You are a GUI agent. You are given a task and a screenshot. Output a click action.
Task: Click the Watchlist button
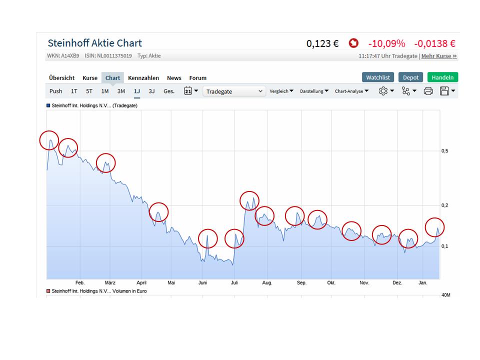(x=378, y=77)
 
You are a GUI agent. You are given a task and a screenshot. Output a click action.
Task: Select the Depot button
(x=410, y=77)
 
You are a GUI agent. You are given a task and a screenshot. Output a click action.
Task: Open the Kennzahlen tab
(x=143, y=78)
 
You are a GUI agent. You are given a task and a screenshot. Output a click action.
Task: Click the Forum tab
(x=197, y=78)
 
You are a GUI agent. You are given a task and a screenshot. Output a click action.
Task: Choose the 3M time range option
(x=121, y=91)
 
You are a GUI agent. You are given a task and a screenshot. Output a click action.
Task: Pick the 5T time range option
(x=89, y=91)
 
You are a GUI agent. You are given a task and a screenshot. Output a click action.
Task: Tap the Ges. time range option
(x=169, y=91)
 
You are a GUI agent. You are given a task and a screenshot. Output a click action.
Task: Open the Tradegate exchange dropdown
(x=234, y=91)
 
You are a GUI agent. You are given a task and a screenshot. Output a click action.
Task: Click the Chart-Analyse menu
(x=351, y=91)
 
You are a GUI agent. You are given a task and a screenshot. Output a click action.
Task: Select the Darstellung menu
(x=314, y=91)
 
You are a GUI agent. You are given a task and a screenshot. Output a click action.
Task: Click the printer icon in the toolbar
(x=428, y=91)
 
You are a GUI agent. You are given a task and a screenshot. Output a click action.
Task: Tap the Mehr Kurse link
(x=439, y=56)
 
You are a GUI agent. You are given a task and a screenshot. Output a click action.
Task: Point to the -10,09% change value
(x=386, y=43)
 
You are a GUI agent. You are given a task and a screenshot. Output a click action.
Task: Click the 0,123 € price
(x=322, y=43)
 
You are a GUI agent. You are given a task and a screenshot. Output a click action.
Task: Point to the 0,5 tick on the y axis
(x=444, y=151)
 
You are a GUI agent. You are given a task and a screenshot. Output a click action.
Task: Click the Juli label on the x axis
(x=234, y=283)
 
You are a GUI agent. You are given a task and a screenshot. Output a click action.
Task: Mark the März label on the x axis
(x=110, y=283)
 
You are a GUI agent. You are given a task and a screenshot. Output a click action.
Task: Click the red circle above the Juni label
(x=208, y=238)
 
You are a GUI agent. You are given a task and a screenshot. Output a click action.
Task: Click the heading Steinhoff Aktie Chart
(x=94, y=43)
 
